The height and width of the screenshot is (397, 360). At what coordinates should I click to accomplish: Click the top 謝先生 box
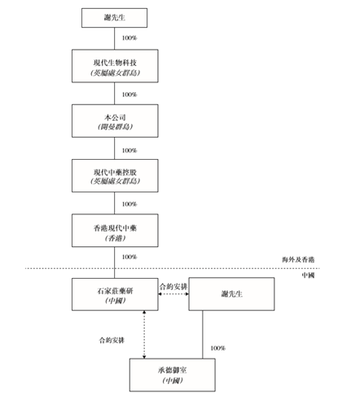click(x=114, y=16)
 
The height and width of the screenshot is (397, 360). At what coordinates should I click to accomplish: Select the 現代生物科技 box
click(x=114, y=66)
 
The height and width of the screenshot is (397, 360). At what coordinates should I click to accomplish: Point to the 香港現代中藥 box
click(x=114, y=230)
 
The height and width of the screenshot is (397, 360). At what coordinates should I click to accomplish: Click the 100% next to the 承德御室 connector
click(x=217, y=348)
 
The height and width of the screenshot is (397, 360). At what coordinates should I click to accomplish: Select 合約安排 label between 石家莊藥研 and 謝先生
click(x=173, y=285)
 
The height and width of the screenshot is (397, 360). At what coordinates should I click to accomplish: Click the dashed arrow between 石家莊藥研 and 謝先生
click(x=173, y=295)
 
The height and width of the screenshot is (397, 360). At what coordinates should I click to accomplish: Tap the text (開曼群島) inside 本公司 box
click(x=114, y=127)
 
